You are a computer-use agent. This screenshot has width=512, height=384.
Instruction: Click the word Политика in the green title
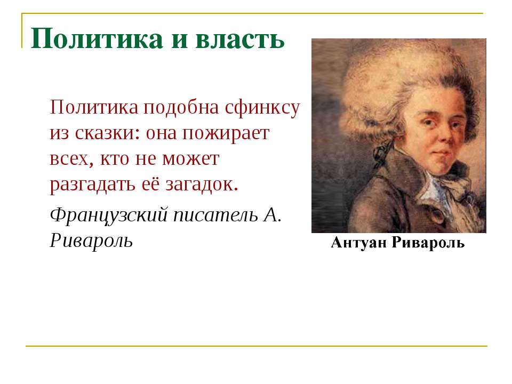pyautogui.click(x=97, y=39)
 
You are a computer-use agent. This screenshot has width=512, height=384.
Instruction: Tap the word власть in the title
pyautogui.click(x=241, y=39)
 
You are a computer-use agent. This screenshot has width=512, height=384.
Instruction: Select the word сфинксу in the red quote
pyautogui.click(x=262, y=108)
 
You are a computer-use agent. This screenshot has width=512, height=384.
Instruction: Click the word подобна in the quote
pyautogui.click(x=181, y=108)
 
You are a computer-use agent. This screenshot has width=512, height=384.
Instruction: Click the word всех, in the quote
pyautogui.click(x=71, y=159)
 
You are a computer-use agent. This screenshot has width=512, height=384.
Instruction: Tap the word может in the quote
pyautogui.click(x=191, y=159)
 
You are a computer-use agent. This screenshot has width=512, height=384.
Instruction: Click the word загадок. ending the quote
pyautogui.click(x=202, y=185)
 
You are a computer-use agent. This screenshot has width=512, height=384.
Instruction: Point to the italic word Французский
pyautogui.click(x=109, y=215)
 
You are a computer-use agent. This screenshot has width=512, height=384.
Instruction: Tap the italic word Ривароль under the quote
pyautogui.click(x=91, y=241)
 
